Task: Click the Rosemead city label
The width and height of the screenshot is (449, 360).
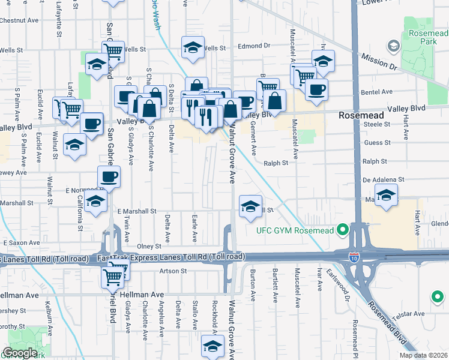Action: [x=358, y=114]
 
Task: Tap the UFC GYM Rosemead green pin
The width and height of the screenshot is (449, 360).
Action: [x=343, y=230]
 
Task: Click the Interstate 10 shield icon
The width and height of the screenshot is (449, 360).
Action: [x=354, y=257]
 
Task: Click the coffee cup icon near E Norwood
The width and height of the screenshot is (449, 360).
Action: [x=109, y=176]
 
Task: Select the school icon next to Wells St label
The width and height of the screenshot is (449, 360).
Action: [x=192, y=47]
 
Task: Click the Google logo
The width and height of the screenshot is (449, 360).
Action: [x=20, y=353]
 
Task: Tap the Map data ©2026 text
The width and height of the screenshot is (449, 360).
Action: [x=423, y=355]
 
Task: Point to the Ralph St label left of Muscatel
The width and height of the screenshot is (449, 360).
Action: [x=276, y=162]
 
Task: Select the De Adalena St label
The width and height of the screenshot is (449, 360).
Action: [x=383, y=179]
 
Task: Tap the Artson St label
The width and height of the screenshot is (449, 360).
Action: [x=174, y=271]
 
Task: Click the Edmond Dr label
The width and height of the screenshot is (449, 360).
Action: [x=255, y=46]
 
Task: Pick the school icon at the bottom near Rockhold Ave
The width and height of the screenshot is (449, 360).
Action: [x=212, y=346]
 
